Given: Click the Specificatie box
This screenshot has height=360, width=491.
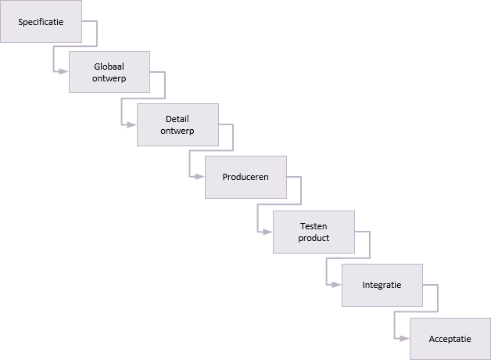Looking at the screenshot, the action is point(41,21).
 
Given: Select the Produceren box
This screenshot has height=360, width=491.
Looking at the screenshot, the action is point(245,177).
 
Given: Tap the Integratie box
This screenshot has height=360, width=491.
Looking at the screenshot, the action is point(382,285).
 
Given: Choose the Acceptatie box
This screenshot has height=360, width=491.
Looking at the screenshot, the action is point(450,339).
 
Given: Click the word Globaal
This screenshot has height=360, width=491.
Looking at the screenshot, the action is point(109,67).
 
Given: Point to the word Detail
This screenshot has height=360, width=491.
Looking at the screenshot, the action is point(177,119).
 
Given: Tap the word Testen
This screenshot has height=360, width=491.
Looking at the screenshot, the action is point(314,226).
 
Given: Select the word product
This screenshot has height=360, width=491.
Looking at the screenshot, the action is point(314,238).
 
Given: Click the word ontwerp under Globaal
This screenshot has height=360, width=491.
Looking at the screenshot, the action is point(109,78).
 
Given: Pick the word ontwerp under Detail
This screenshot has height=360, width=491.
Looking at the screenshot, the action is point(177,131).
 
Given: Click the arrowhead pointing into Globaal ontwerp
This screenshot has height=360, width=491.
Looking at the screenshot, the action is point(63,71).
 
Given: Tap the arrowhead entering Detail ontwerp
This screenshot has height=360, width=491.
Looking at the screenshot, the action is point(132,124).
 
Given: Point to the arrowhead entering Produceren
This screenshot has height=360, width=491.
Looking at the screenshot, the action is point(200,177).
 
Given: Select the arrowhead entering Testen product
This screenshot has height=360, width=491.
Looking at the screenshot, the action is point(267,232).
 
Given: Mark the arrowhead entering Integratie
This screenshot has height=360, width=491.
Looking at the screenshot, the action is point(337,285).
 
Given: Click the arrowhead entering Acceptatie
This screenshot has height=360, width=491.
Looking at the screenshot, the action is point(404,338).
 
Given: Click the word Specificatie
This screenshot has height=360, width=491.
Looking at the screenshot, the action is point(41,22).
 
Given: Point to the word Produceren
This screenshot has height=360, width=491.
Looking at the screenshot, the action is point(245,177).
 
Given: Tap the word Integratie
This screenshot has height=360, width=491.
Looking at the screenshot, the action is point(382,285).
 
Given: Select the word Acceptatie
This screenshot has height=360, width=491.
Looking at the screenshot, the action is point(450,339).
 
